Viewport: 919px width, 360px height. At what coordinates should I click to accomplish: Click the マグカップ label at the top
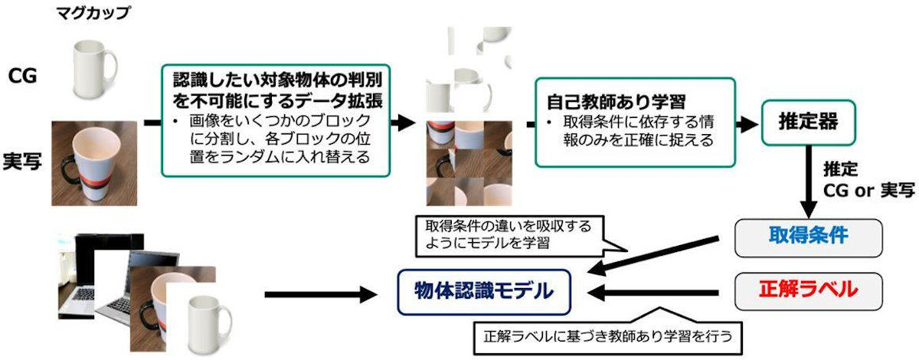[x=93, y=13]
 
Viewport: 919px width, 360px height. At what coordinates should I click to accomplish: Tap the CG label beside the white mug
[x=22, y=76]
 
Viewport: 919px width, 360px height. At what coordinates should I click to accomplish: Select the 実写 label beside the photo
[x=22, y=161]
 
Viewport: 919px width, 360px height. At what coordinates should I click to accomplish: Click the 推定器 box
[x=808, y=123]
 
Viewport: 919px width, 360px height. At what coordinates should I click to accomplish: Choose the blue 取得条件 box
[x=808, y=238]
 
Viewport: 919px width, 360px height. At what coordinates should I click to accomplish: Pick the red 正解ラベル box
[x=808, y=292]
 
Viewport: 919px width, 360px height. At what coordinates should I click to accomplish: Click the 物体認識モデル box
[x=484, y=292]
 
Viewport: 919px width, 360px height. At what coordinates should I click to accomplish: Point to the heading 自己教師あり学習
[x=616, y=102]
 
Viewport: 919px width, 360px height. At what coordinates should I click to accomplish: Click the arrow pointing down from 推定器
[x=809, y=182]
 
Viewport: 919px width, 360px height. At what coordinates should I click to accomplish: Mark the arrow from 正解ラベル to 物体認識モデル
[x=652, y=293]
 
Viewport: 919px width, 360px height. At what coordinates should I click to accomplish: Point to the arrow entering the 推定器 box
[x=747, y=123]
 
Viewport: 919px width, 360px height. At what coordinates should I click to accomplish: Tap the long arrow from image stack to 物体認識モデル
[x=321, y=294]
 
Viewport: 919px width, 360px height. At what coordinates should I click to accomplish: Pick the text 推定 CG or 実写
[x=868, y=180]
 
